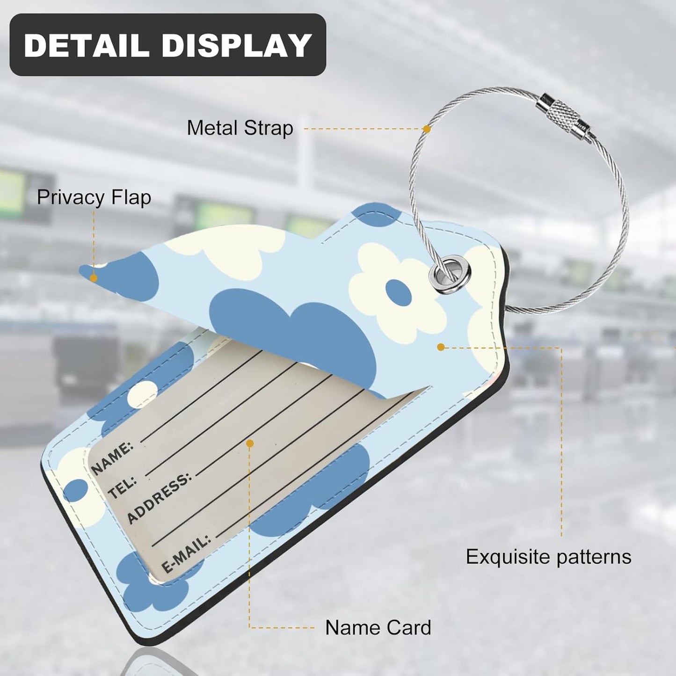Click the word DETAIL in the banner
[x=86, y=45]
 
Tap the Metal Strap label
[x=240, y=128]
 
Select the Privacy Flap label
[x=94, y=197]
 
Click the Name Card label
[x=378, y=628]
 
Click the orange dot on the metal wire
[x=427, y=129]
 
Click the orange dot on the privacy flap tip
[x=93, y=278]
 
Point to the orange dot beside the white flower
[x=441, y=347]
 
